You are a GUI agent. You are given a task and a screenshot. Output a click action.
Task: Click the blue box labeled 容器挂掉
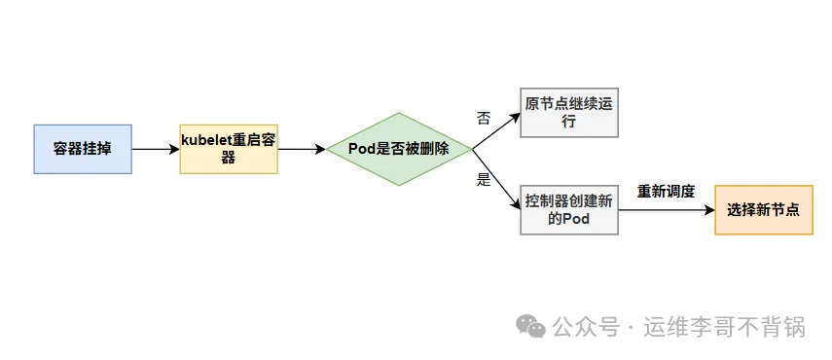[82, 149]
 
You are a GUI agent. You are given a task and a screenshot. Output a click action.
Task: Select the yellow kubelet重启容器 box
[229, 149]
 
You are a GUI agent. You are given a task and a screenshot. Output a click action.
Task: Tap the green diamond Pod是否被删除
[399, 150]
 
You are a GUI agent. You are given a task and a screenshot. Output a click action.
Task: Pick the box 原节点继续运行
[569, 112]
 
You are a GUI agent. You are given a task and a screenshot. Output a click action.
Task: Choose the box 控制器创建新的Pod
[569, 209]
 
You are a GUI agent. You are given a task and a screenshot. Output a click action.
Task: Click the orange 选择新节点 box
[764, 209]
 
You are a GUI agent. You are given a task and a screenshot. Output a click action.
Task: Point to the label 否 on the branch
[484, 118]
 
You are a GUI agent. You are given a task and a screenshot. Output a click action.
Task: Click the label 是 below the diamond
[484, 180]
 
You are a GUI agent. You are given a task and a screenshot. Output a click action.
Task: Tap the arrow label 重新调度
[666, 192]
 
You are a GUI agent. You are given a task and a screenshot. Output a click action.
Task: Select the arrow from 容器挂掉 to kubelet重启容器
[155, 149]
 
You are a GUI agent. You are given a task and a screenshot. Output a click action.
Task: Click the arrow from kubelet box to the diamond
[301, 150]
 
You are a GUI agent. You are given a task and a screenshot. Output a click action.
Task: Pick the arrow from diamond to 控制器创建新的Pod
[496, 179]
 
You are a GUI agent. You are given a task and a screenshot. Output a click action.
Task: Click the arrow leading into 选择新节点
[667, 209]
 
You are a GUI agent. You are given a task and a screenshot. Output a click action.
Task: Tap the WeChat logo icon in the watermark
[531, 325]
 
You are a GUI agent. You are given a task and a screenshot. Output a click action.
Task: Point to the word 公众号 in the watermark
[586, 327]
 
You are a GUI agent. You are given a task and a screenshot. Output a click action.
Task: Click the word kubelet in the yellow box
[205, 140]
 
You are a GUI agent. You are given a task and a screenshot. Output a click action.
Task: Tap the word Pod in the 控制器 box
[577, 219]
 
